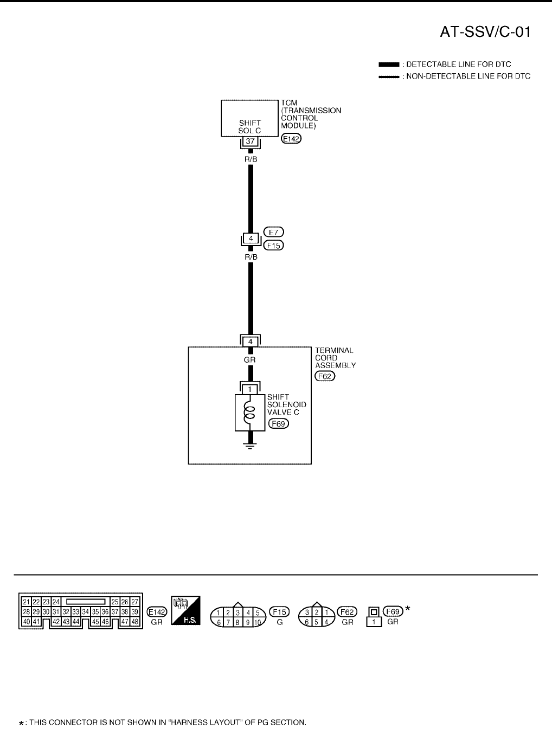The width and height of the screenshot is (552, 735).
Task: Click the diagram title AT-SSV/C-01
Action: pyautogui.click(x=484, y=33)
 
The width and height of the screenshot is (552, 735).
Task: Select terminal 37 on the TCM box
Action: pyautogui.click(x=250, y=141)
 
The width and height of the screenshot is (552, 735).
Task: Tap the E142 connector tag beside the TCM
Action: pyautogui.click(x=292, y=139)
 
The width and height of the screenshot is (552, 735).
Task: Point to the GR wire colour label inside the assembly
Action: pyautogui.click(x=250, y=359)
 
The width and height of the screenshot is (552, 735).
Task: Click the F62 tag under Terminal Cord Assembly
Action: pyautogui.click(x=325, y=376)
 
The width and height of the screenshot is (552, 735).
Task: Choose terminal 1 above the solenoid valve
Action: pyautogui.click(x=250, y=389)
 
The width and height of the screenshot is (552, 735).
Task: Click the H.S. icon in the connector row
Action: pyautogui.click(x=185, y=611)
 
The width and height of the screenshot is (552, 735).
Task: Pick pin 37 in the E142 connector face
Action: pyautogui.click(x=115, y=611)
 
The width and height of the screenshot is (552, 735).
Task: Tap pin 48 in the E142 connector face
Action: pyautogui.click(x=135, y=622)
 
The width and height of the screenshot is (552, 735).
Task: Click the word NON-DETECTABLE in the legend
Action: pyautogui.click(x=434, y=76)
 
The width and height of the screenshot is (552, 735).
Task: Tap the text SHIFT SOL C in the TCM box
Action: pyautogui.click(x=250, y=127)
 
